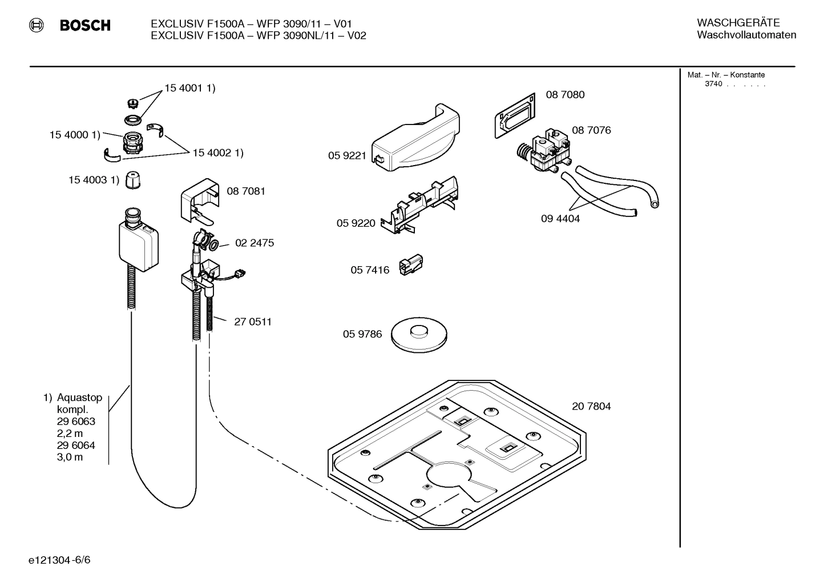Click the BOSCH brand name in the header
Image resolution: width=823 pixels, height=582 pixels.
(x=85, y=25)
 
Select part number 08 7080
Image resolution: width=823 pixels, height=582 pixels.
(x=564, y=95)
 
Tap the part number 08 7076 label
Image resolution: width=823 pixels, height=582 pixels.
(x=591, y=130)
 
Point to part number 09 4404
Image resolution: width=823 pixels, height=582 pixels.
(x=560, y=219)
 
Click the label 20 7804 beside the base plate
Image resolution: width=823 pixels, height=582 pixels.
(x=591, y=406)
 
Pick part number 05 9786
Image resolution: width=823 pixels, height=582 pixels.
(x=362, y=334)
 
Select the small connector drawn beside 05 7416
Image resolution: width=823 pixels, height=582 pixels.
(x=410, y=266)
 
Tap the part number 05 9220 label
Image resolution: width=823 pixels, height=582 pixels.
(x=356, y=223)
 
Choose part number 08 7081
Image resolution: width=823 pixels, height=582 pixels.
(x=245, y=191)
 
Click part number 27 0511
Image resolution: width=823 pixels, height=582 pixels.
(x=252, y=322)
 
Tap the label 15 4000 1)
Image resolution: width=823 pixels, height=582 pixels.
(x=74, y=135)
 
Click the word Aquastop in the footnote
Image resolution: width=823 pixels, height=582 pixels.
(x=79, y=398)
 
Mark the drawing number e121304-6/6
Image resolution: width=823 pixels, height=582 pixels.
(x=59, y=560)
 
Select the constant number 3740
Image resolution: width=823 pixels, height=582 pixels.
(x=713, y=84)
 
